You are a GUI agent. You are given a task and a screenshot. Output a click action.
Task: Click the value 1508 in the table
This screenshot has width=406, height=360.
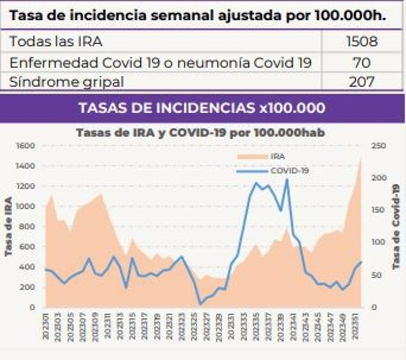pyautogui.click(x=361, y=41)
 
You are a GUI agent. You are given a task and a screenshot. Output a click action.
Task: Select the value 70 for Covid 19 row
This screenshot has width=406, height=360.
pyautogui.click(x=361, y=62)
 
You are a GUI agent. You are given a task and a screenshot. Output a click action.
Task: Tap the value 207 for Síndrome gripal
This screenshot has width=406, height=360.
pyautogui.click(x=361, y=81)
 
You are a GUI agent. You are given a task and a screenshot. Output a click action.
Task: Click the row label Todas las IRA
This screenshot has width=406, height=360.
pyautogui.click(x=56, y=41)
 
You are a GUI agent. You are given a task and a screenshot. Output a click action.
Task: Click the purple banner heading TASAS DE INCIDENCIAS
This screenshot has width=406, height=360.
pyautogui.click(x=201, y=108)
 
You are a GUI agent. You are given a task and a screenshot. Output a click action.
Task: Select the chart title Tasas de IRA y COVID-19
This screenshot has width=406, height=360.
pyautogui.click(x=200, y=132)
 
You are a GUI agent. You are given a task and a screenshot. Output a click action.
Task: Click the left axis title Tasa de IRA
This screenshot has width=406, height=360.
pyautogui.click(x=9, y=226)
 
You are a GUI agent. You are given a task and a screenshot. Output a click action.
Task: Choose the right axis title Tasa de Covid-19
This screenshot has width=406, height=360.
pyautogui.click(x=396, y=226)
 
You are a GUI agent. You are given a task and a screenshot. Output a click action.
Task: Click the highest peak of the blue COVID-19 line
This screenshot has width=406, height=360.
pyautogui.click(x=287, y=179)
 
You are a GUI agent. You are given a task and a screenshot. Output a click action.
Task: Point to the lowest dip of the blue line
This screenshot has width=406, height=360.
pyautogui.click(x=200, y=304)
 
